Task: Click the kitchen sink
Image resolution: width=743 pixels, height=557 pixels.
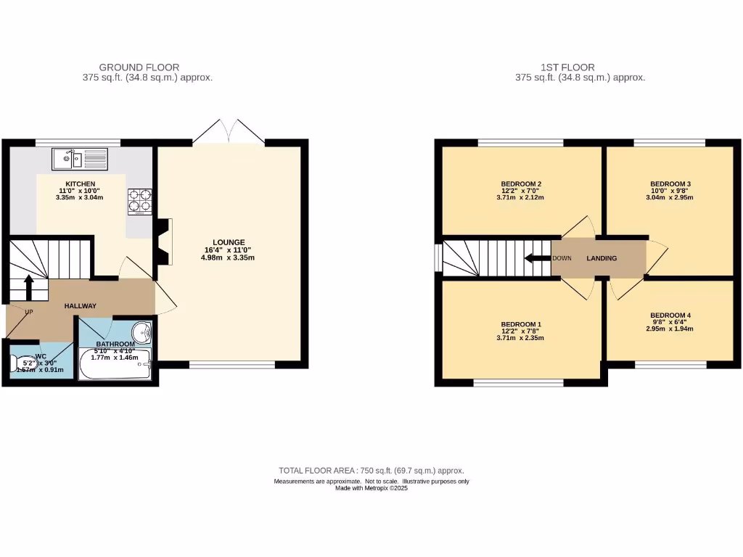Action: [79, 157]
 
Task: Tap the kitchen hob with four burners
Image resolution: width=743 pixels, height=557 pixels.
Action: [140, 201]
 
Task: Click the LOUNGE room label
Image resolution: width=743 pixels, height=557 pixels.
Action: [229, 242]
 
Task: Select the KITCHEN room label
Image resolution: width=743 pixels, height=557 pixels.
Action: [80, 184]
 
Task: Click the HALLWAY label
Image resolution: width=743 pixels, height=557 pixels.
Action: [80, 306]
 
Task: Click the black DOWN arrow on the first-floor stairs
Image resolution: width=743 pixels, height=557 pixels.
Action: [537, 258]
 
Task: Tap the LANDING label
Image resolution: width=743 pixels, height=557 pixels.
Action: [602, 259]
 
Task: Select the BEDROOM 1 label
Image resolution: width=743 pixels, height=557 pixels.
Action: [521, 324]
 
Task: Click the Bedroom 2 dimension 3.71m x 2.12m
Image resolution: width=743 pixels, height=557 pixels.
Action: [521, 197]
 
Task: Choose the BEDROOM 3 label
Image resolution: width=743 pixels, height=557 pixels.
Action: [670, 183]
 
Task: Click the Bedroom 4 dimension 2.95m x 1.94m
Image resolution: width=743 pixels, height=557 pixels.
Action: [670, 329]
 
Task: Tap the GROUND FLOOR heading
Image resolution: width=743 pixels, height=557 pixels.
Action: [139, 67]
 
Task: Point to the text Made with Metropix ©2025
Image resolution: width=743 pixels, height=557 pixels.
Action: [371, 488]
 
